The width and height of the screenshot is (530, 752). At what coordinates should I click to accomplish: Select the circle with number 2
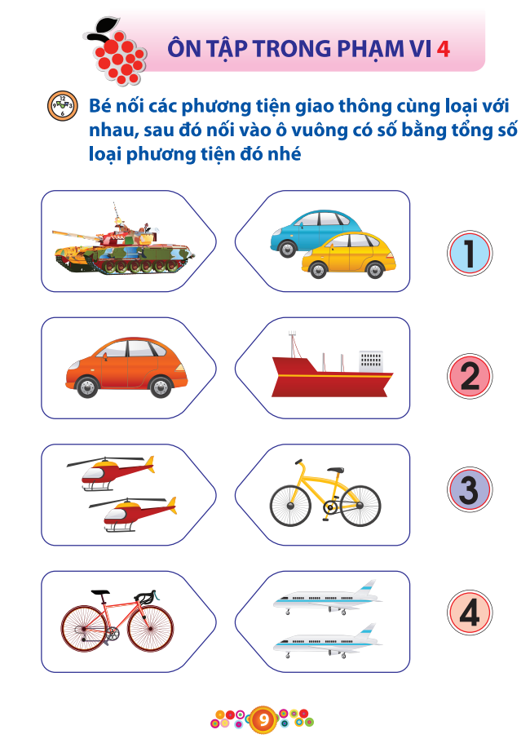pos(470,377)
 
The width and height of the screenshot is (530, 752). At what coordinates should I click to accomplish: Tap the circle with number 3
pos(470,490)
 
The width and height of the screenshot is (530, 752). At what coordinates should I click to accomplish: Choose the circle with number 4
pos(470,613)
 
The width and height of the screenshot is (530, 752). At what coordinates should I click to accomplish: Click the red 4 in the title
pos(444,48)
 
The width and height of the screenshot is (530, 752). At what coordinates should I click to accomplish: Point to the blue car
pos(314,228)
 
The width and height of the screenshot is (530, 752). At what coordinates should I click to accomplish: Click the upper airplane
pos(326,599)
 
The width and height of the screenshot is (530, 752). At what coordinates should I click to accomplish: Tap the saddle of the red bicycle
pos(100,592)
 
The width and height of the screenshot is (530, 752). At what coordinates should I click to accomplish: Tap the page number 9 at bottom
pos(264,720)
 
